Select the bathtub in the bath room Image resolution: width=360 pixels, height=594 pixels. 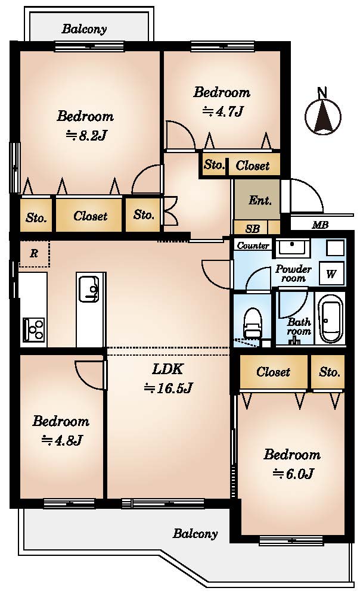[x=330, y=319]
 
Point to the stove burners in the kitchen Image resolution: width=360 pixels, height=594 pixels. [x=34, y=329]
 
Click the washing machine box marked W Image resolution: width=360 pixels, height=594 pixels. [x=331, y=273]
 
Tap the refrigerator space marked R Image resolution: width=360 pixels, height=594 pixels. [x=34, y=253]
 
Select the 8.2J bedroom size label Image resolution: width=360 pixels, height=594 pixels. [x=86, y=135]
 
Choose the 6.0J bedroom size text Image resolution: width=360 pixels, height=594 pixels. [x=293, y=474]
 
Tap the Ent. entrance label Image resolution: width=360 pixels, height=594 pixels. [x=260, y=200]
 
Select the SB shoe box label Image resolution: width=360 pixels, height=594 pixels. [x=252, y=229]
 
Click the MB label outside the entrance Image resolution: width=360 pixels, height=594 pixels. [x=320, y=225]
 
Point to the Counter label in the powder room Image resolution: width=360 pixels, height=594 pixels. [x=253, y=245]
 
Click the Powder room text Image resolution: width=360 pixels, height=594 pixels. [x=293, y=273]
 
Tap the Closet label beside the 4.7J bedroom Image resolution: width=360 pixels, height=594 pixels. [x=252, y=166]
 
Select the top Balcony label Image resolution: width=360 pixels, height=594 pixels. [x=85, y=29]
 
